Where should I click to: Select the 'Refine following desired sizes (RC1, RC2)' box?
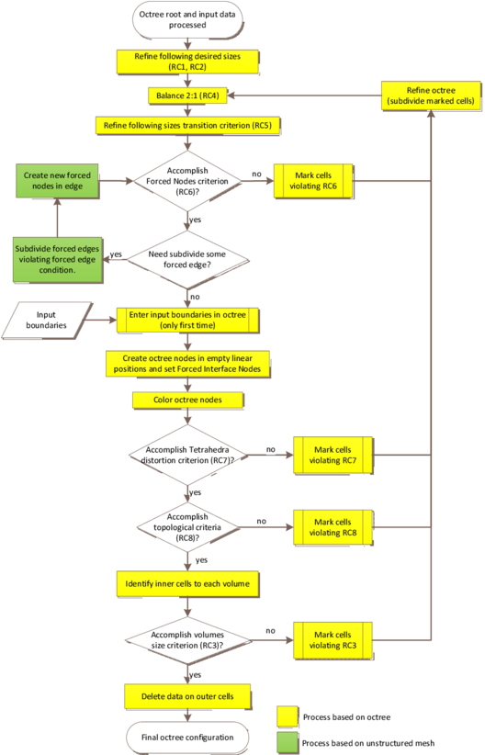click(x=187, y=62)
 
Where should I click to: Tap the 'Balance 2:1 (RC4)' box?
click(x=187, y=95)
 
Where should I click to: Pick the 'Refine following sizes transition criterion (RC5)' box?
click(x=187, y=124)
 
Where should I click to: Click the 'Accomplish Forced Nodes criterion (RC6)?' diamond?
click(x=187, y=181)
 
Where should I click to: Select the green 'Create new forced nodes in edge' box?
click(x=56, y=181)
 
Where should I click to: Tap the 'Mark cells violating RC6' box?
click(x=312, y=181)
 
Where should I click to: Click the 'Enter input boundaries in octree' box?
click(x=187, y=320)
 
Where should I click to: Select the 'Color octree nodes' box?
click(x=187, y=400)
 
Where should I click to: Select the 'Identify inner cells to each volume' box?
click(x=187, y=582)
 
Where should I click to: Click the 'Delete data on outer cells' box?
click(x=187, y=695)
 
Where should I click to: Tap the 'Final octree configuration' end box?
click(x=187, y=737)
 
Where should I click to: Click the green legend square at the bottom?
click(x=288, y=741)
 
